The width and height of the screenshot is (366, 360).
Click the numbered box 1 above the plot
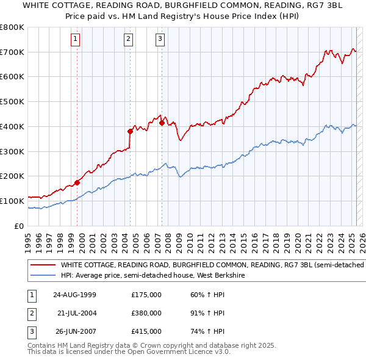pyautogui.click(x=75, y=40)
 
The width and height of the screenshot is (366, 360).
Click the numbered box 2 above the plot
pyautogui.click(x=129, y=40)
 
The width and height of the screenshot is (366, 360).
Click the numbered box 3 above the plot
pyautogui.click(x=160, y=40)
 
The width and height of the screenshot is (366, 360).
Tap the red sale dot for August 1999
pyautogui.click(x=77, y=182)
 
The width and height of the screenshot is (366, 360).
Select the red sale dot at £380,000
pyautogui.click(x=131, y=131)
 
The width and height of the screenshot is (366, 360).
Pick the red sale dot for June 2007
pyautogui.click(x=162, y=123)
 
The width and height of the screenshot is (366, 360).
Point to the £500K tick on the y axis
pyautogui.click(x=12, y=102)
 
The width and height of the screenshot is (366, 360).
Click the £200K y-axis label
pyautogui.click(x=12, y=176)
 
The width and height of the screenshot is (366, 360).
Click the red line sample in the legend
pyautogui.click(x=43, y=265)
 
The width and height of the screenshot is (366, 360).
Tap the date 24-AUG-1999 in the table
pyautogui.click(x=75, y=294)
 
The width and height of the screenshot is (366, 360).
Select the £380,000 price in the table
pyautogui.click(x=146, y=313)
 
